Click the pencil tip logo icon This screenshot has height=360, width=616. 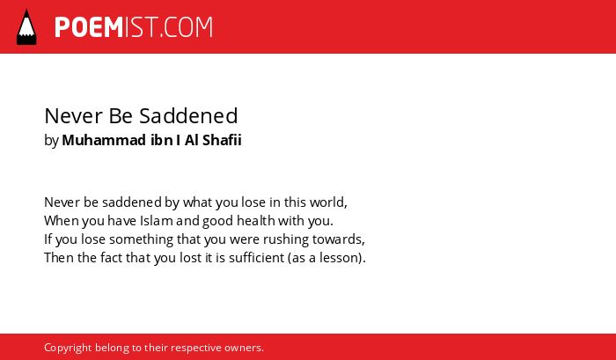click(26, 27)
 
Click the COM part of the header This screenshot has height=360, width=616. click(188, 27)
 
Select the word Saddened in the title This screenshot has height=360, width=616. click(188, 116)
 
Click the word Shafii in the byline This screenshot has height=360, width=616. click(222, 140)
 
